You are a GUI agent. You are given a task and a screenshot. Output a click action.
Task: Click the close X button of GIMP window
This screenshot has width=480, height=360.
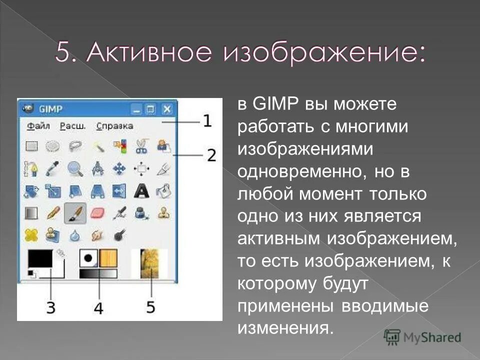167,108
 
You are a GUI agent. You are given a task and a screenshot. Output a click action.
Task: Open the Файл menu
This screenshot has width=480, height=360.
38,126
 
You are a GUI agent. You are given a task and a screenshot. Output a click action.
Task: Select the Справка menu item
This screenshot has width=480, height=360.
114,126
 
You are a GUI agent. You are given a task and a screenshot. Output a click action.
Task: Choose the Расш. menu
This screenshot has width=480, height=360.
73,126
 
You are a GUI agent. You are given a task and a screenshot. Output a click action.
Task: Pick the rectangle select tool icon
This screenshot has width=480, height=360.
32,146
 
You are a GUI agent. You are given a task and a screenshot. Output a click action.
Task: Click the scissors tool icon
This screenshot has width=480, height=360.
141,146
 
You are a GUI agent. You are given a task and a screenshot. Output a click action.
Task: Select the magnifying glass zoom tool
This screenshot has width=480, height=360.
75,168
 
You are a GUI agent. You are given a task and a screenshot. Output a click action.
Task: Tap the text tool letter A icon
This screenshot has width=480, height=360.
141,190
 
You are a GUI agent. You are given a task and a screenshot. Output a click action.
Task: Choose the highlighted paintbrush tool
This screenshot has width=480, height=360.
75,212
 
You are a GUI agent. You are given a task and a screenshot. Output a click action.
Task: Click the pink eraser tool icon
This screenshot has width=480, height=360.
97,212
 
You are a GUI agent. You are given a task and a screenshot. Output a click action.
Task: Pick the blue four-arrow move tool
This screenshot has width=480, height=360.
119,168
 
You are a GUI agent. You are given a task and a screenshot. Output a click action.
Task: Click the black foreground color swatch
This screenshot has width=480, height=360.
40,258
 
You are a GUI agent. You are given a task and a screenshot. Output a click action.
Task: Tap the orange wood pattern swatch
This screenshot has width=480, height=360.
108,258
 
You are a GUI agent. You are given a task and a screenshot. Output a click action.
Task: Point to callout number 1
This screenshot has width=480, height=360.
207,120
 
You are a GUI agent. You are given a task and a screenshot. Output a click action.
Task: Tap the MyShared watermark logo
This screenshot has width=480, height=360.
422,337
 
